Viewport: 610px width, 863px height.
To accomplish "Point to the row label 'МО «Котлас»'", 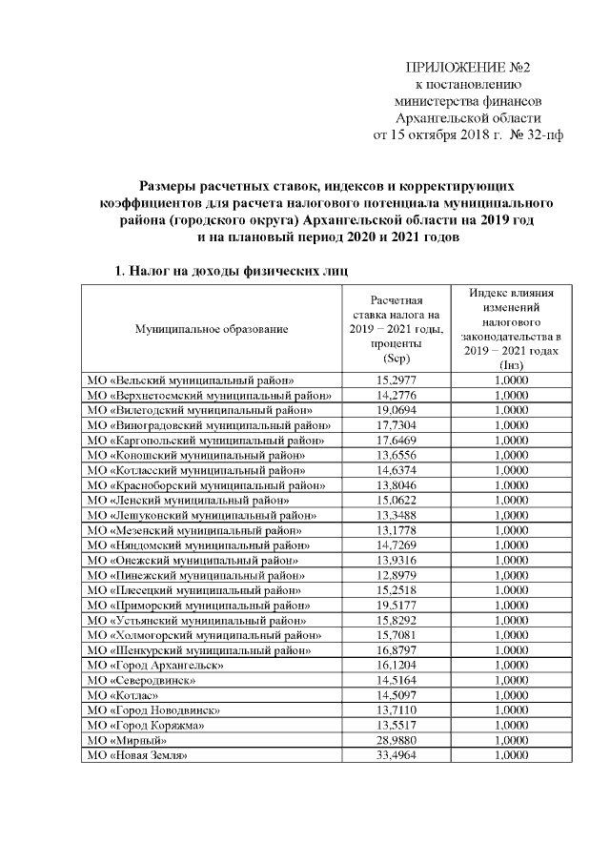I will coord(124,695).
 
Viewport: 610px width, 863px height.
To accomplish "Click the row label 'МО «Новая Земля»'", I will coord(136,755).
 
